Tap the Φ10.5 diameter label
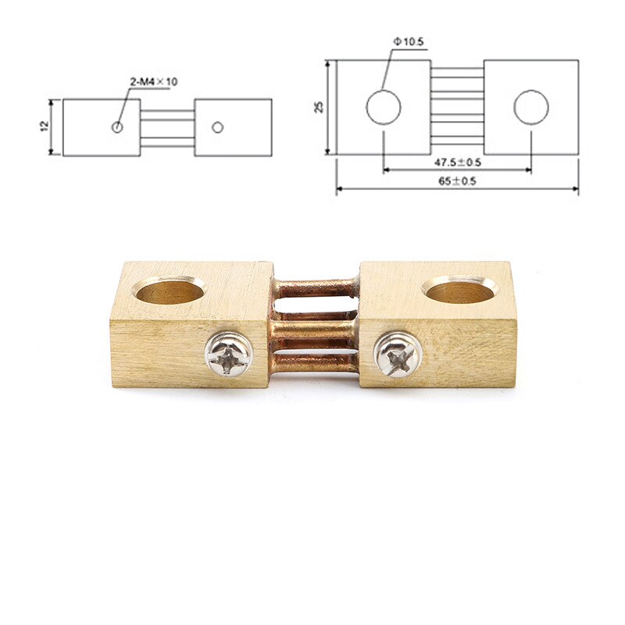click(x=409, y=42)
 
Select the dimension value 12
click(x=45, y=127)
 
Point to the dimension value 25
click(x=319, y=106)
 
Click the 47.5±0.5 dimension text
click(x=458, y=162)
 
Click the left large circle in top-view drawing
click(x=384, y=107)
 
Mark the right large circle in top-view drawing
click(x=531, y=107)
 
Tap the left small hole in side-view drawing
click(x=117, y=127)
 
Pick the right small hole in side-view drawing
click(x=218, y=127)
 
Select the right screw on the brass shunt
click(x=398, y=354)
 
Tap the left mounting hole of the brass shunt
click(x=170, y=291)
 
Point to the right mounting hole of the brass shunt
click(x=460, y=290)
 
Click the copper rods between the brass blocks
click(x=316, y=324)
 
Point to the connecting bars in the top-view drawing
click(x=456, y=106)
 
